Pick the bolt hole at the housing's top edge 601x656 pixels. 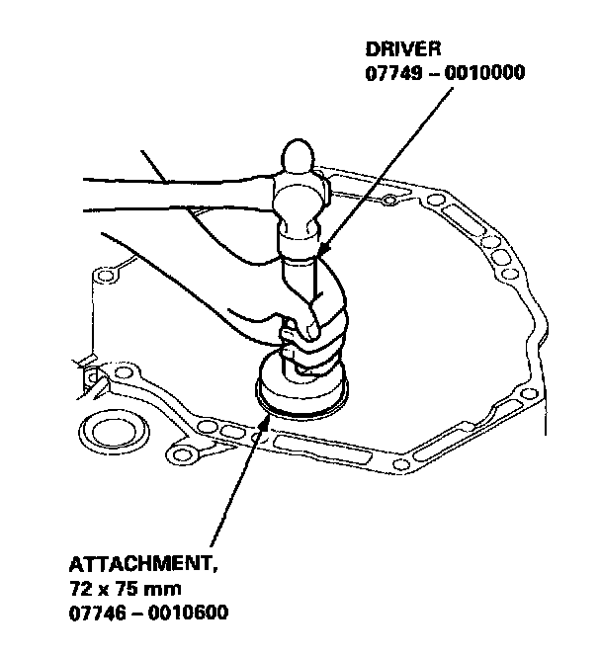389,203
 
